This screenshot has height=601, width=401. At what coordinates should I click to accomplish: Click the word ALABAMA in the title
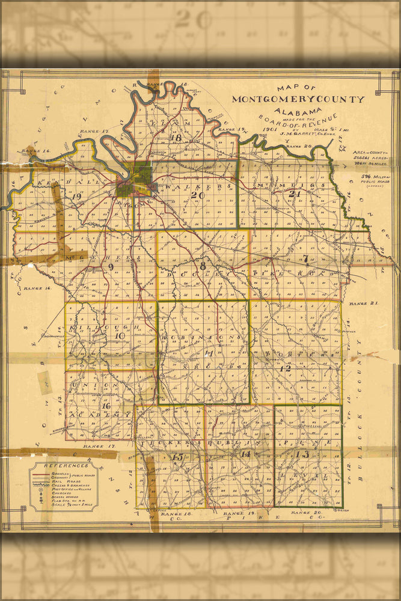pyautogui.click(x=297, y=112)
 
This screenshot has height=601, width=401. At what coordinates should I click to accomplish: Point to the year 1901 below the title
pyautogui.click(x=270, y=127)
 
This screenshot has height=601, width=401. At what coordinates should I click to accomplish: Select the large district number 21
pyautogui.click(x=294, y=194)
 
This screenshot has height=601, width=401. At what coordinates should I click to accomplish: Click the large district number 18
pyautogui.click(x=176, y=138)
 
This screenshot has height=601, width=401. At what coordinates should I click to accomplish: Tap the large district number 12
pyautogui.click(x=285, y=368)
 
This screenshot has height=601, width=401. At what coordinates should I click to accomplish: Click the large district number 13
pyautogui.click(x=302, y=454)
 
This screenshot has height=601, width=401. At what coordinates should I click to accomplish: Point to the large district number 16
pyautogui.click(x=106, y=406)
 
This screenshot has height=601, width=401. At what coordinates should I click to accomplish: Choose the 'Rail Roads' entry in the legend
pyautogui.click(x=66, y=481)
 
